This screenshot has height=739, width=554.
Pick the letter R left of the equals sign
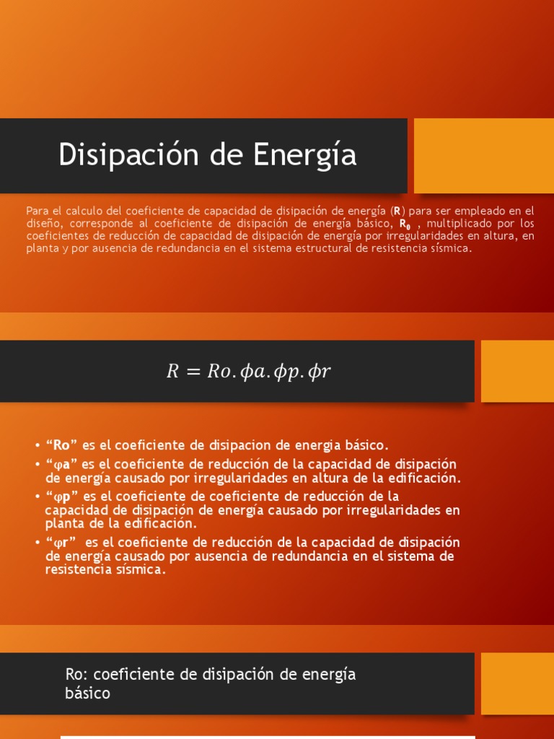172,371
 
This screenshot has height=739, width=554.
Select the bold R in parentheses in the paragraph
396,211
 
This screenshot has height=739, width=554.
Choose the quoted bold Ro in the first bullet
63,445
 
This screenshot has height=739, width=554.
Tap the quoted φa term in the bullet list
62,464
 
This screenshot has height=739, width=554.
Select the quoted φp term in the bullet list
63,497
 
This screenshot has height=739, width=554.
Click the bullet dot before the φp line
38,497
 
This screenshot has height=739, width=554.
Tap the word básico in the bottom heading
88,694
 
